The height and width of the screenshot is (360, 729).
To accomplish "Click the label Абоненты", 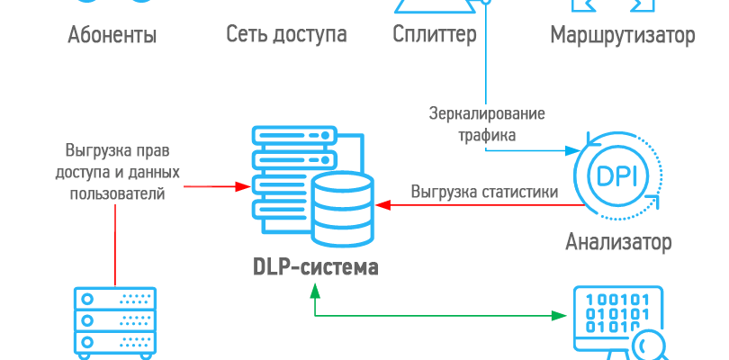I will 112,36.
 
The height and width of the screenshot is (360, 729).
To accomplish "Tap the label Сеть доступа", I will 286,36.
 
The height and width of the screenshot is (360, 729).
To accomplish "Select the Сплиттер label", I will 434,36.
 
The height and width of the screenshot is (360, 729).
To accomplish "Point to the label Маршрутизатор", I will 622,36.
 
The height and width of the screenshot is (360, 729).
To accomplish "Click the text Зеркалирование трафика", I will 485,125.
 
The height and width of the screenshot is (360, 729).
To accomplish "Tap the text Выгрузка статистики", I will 484,192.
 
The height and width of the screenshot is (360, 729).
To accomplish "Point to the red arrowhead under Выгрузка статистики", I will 382,206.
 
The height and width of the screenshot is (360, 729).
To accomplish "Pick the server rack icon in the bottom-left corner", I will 114,321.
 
